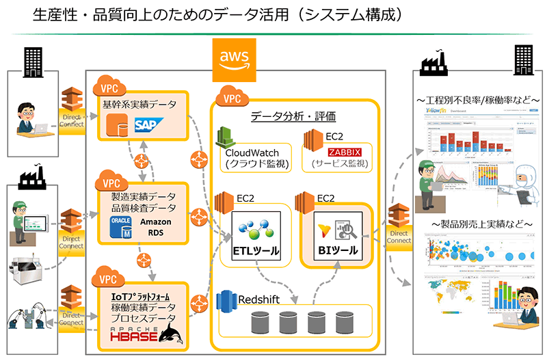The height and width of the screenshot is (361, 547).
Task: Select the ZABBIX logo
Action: click(345, 152)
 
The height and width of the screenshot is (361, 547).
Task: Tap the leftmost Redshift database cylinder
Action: click(261, 321)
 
